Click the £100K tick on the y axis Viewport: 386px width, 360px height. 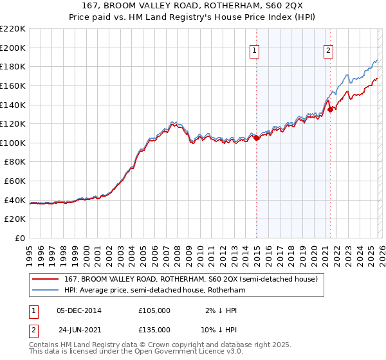[x=13, y=143]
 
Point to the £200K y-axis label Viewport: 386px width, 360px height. [x=13, y=48]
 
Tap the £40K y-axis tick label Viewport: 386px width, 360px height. [x=15, y=200]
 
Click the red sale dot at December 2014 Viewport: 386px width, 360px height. [x=256, y=137]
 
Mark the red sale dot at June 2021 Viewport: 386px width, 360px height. [x=330, y=109]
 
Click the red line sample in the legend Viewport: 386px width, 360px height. [x=46, y=280]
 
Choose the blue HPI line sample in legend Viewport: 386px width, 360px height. [x=46, y=291]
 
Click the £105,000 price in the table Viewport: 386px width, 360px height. [x=154, y=310]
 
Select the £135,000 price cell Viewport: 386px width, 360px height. [x=154, y=331]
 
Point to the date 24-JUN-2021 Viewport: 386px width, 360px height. [x=75, y=331]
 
